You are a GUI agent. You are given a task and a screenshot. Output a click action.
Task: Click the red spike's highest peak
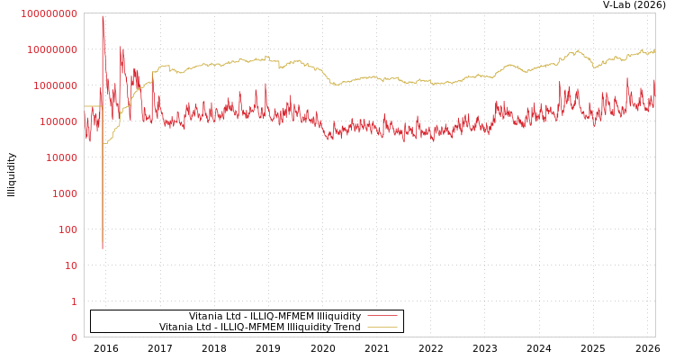pyautogui.click(x=103, y=15)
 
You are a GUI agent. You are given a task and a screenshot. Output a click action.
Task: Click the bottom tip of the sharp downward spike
pyautogui.click(x=103, y=248)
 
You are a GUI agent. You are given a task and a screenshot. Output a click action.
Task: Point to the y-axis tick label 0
pyautogui.click(x=74, y=337)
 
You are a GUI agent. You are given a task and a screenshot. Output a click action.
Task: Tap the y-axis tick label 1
pyautogui.click(x=74, y=301)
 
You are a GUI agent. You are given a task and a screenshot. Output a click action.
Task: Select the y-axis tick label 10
pyautogui.click(x=70, y=265)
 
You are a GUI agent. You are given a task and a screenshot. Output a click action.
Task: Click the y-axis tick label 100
pyautogui.click(x=67, y=229)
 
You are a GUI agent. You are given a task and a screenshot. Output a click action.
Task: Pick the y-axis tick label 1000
pyautogui.click(x=65, y=193)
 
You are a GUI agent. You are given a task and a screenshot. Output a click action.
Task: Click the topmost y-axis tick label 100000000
pyautogui.click(x=49, y=13)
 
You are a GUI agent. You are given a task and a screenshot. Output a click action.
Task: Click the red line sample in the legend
pyautogui.click(x=382, y=316)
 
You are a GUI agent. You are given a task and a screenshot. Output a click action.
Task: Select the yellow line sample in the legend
pyautogui.click(x=382, y=327)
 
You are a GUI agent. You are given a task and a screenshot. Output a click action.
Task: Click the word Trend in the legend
pyautogui.click(x=346, y=327)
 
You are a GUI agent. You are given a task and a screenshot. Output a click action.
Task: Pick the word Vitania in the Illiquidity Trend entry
pyautogui.click(x=176, y=327)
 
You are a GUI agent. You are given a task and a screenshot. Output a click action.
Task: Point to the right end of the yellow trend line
pyautogui.click(x=654, y=50)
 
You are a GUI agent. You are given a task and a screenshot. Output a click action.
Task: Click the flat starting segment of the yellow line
pyautogui.click(x=93, y=106)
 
